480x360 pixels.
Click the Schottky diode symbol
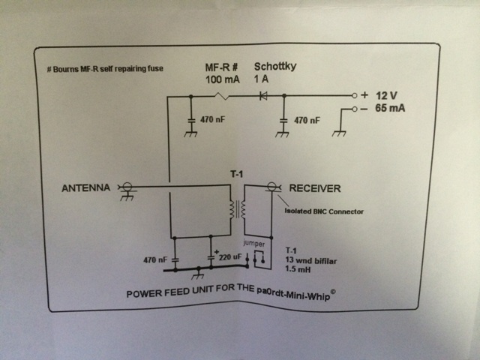pyautogui.click(x=263, y=96)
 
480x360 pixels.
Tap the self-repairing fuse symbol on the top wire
pyautogui.click(x=222, y=96)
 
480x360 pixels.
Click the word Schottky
pyautogui.click(x=275, y=67)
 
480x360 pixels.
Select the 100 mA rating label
pyautogui.click(x=223, y=79)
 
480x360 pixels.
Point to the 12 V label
pyautogui.click(x=386, y=95)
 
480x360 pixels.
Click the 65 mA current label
pyautogui.click(x=390, y=108)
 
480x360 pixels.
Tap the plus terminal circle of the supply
pyautogui.click(x=354, y=95)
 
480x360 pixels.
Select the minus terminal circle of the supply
pyautogui.click(x=354, y=109)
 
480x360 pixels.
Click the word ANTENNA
pyautogui.click(x=85, y=187)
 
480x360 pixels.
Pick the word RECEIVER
pyautogui.click(x=315, y=188)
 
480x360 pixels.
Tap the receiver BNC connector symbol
pyautogui.click(x=271, y=187)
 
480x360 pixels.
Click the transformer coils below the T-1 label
pyautogui.click(x=238, y=209)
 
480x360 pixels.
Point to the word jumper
pyautogui.click(x=253, y=243)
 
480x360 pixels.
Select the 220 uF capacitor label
pyautogui.click(x=230, y=256)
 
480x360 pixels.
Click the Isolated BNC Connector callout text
pyautogui.click(x=324, y=211)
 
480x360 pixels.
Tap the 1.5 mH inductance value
pyautogui.click(x=298, y=269)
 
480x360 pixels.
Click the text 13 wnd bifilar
pyautogui.click(x=311, y=261)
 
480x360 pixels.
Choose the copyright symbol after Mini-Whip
pyautogui.click(x=333, y=292)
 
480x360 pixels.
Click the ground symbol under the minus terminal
pyautogui.click(x=339, y=133)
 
